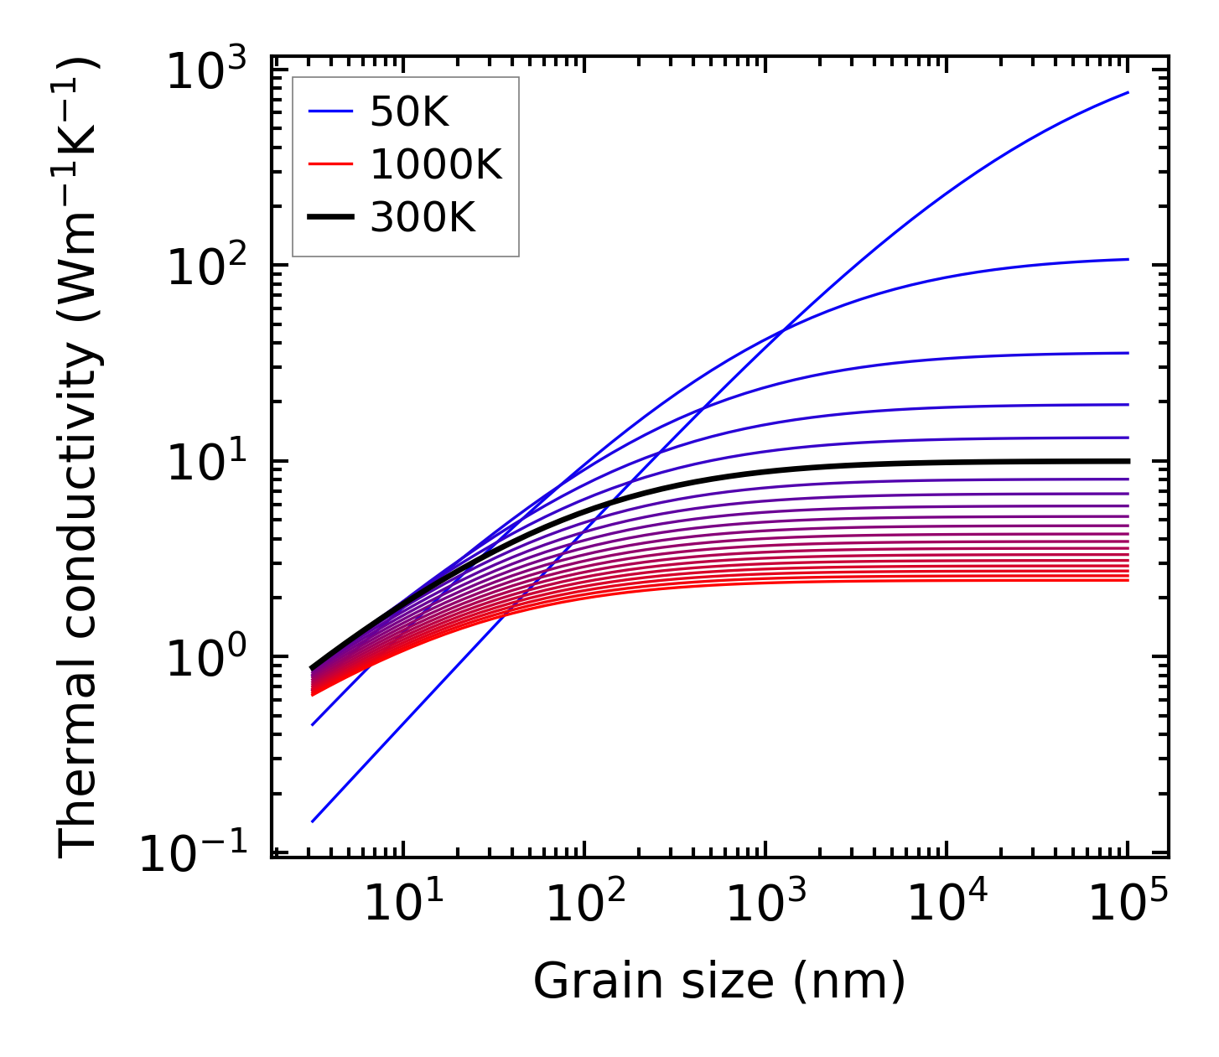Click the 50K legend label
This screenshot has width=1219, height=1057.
tap(409, 112)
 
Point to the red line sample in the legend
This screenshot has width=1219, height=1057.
tap(331, 165)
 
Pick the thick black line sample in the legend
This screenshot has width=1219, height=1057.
tap(331, 218)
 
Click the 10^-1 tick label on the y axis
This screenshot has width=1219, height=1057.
tap(195, 854)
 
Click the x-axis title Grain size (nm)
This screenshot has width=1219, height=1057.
tap(719, 980)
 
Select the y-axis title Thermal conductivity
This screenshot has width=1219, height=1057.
tap(79, 457)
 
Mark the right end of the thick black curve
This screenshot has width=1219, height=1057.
tap(1128, 461)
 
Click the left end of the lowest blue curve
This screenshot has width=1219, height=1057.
tap(312, 821)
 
